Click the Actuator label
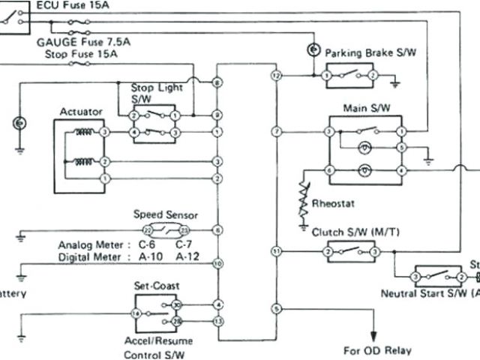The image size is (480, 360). pos(82,112)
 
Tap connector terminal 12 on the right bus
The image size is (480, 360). pos(276,76)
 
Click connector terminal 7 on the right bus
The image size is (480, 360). pos(276,132)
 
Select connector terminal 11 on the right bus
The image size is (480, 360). pos(276,250)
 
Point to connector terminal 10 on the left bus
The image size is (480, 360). pos(217,264)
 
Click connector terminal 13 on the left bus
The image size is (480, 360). pos(217,321)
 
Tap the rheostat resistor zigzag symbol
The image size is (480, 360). pos(304,197)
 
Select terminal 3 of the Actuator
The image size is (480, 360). pos(105,132)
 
